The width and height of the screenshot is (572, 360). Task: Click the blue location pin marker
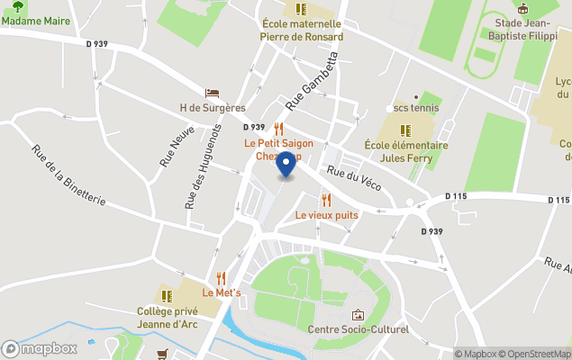pyautogui.click(x=286, y=165)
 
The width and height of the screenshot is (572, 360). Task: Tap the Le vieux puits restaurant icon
pyautogui.click(x=326, y=200)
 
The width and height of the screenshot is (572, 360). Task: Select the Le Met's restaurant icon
pyautogui.click(x=220, y=278)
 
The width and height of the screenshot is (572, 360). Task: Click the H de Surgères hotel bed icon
pyautogui.click(x=212, y=94)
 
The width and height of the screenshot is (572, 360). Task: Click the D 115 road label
pyautogui.click(x=458, y=196)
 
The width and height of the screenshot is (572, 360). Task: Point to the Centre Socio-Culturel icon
pyautogui.click(x=358, y=315)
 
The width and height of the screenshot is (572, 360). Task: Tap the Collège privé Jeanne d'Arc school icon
pyautogui.click(x=167, y=295)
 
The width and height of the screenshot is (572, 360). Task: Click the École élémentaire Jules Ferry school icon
pyautogui.click(x=405, y=130)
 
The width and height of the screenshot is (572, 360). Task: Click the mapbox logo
pyautogui.click(x=38, y=348)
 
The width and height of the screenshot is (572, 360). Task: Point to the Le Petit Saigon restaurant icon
pyautogui.click(x=278, y=129)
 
